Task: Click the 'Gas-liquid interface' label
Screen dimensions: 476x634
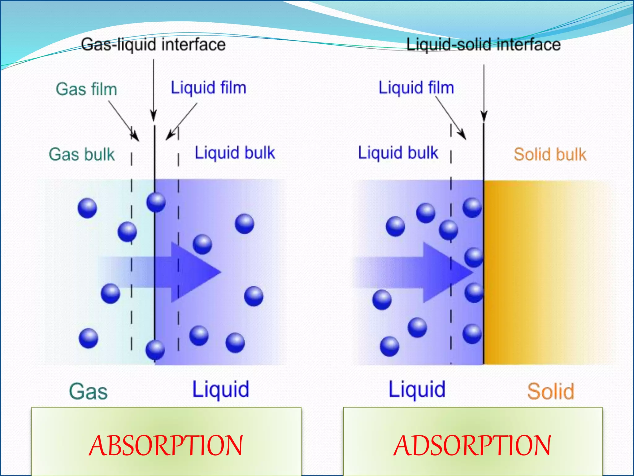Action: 153,44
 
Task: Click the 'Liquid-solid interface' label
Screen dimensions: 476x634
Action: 483,44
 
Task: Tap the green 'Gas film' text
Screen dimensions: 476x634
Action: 86,89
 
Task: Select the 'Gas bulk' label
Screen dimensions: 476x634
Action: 82,154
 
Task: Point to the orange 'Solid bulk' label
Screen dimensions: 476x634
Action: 550,154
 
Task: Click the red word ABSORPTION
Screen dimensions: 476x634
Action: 166,446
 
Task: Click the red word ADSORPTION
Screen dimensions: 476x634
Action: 472,446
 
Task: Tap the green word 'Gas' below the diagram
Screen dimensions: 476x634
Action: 88,391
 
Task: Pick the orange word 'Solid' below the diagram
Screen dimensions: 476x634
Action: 550,391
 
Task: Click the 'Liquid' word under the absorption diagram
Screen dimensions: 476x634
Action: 221,390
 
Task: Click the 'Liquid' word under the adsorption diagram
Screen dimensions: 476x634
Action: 417,390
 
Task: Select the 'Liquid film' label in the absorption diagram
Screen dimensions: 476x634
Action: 208,88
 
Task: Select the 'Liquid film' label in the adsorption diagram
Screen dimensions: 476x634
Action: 416,88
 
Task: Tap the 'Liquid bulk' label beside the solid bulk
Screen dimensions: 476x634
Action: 398,153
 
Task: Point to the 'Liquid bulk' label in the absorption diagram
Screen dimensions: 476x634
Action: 235,153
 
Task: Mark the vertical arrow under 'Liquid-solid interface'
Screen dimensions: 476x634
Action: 484,93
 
